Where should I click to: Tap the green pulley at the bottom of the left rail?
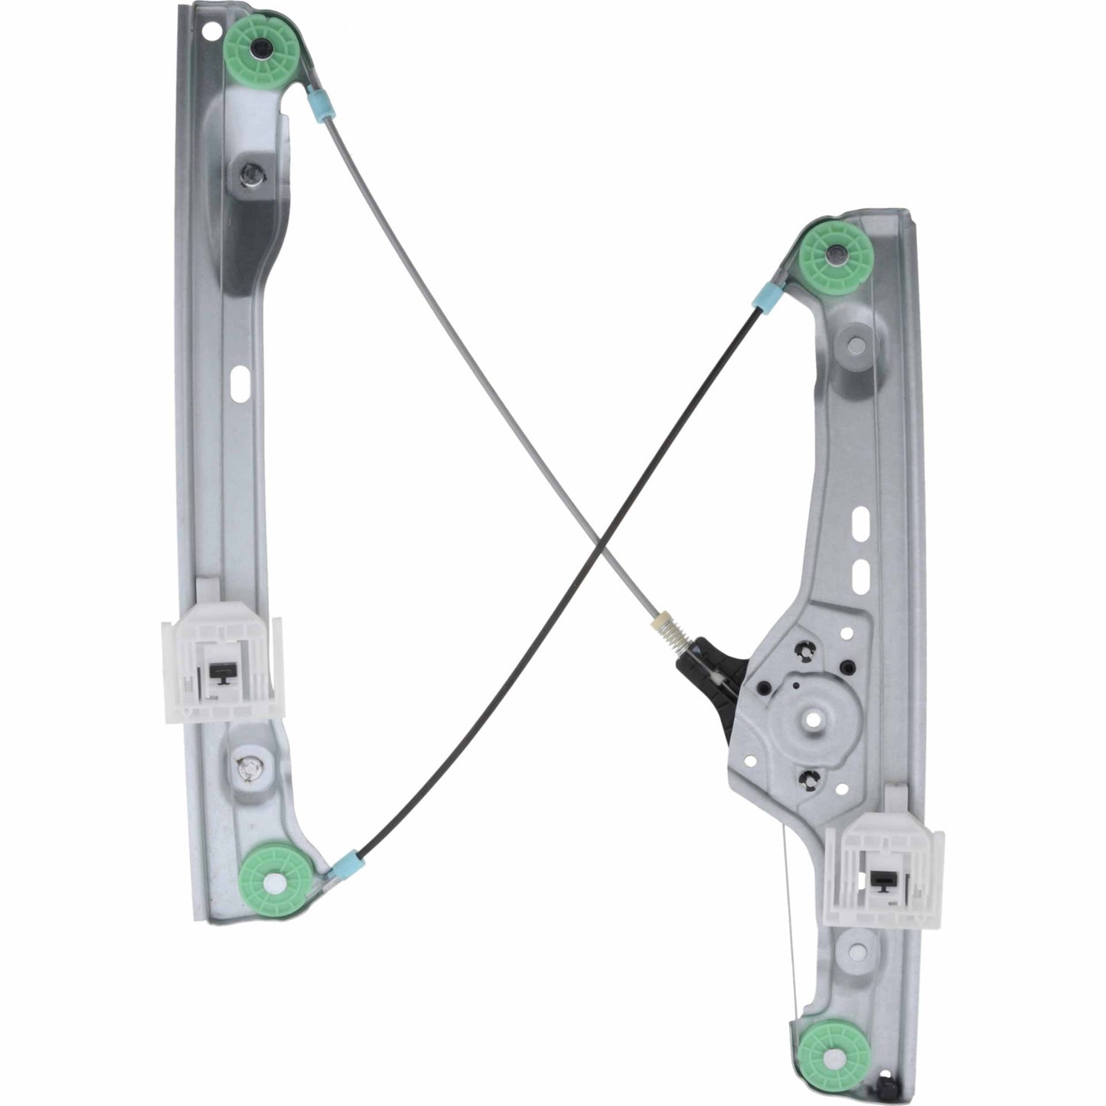click(x=273, y=880)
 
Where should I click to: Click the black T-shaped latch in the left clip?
click(x=221, y=671)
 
